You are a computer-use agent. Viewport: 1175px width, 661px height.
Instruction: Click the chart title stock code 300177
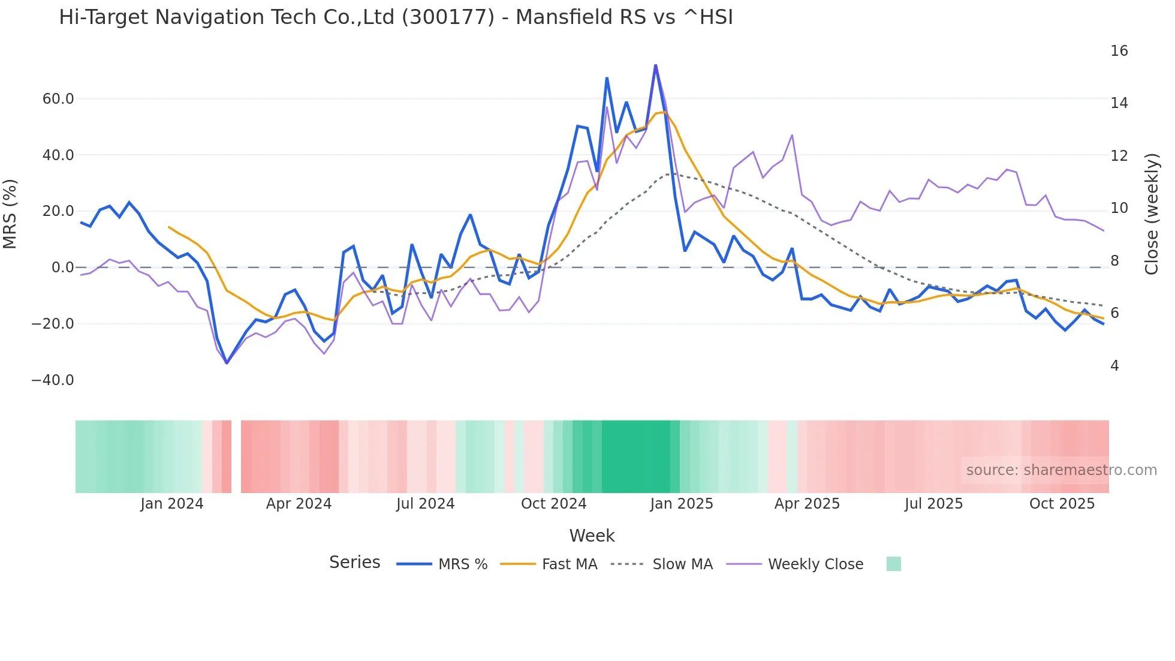448,17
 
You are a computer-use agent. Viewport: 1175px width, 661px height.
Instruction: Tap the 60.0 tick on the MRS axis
58,99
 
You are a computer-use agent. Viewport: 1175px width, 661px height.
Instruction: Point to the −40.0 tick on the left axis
53,380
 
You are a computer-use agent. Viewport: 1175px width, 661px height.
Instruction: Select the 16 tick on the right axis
1119,51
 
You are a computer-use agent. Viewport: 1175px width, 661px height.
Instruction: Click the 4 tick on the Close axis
1114,366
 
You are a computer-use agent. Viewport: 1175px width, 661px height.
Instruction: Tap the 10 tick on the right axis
1119,208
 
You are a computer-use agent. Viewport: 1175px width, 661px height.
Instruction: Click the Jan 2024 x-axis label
172,504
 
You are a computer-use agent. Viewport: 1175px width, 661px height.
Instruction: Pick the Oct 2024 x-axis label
553,504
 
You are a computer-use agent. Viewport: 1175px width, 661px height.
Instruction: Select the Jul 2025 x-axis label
933,504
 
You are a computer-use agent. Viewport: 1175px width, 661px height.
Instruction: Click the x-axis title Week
592,536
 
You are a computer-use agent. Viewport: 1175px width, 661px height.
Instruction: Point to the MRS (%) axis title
10,214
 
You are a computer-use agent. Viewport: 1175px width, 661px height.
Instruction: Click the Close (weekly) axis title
1152,214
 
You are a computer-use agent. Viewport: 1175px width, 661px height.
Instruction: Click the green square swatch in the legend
893,564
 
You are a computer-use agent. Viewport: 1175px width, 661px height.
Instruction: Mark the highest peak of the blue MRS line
655,65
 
